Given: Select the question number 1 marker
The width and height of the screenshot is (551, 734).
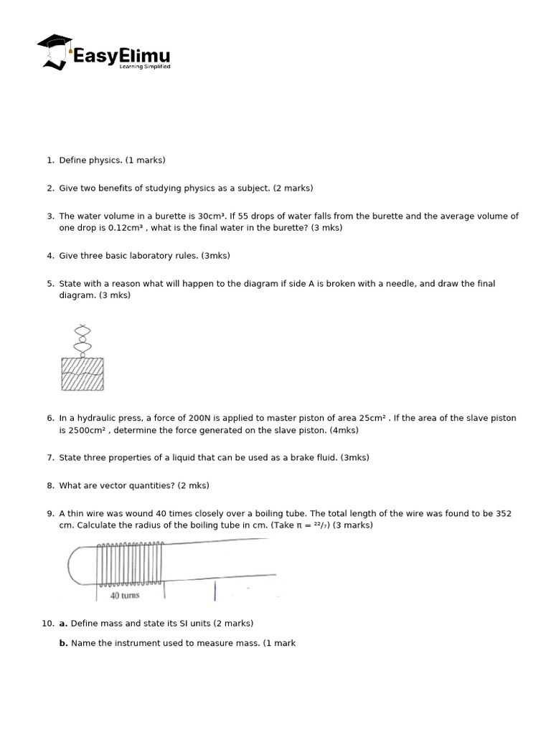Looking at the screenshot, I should pos(50,161).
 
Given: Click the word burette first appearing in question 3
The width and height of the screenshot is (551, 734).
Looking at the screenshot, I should pos(169,216).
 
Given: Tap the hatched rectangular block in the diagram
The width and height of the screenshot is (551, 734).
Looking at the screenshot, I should pos(83,374).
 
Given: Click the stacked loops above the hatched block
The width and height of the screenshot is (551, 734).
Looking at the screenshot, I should pos(83,340).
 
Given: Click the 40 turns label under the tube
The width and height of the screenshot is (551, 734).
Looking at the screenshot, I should pos(125,596).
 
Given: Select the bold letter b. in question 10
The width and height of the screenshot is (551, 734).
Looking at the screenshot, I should pos(63,644).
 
